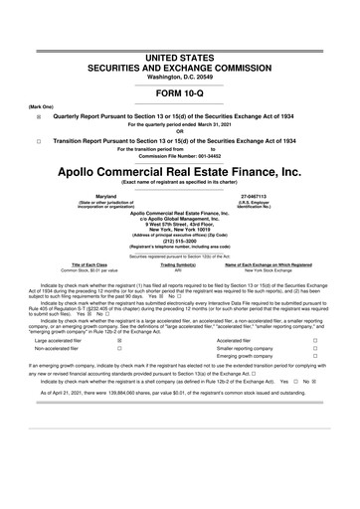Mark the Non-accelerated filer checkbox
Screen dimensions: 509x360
[x=119, y=349]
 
